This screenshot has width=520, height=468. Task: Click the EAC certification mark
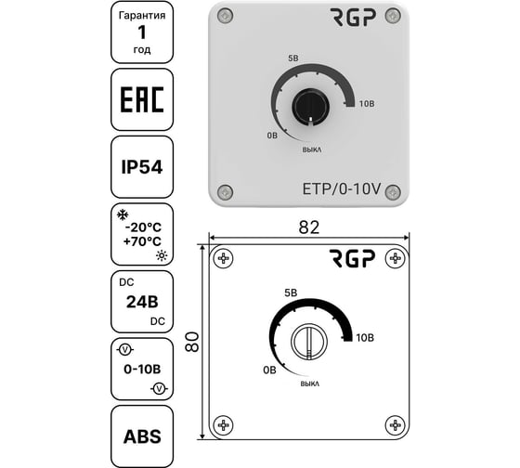tap(142, 99)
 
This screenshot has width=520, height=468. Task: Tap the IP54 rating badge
tap(142, 167)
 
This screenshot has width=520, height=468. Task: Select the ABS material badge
tap(142, 436)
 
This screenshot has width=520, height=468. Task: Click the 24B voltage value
tap(142, 302)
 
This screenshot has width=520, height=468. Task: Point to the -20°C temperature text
tap(143, 227)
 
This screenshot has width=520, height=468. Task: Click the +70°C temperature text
tap(142, 241)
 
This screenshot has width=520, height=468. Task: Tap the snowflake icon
tap(123, 214)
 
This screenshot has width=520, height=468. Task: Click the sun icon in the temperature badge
tap(162, 255)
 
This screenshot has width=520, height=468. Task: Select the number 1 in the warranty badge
tap(141, 32)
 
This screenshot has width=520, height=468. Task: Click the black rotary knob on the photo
tap(310, 107)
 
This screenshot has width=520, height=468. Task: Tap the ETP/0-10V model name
tap(342, 188)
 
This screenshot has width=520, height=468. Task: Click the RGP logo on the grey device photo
tap(353, 18)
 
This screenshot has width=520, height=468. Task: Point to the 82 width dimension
tap(309, 227)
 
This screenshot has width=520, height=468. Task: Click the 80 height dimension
tap(192, 342)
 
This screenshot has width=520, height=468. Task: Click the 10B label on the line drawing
tap(365, 338)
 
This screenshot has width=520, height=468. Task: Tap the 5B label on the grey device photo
tap(293, 58)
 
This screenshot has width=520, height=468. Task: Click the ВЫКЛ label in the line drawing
tap(310, 383)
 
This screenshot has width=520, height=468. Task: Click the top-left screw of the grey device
tap(225, 15)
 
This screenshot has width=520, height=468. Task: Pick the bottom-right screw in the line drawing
tap(395, 425)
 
